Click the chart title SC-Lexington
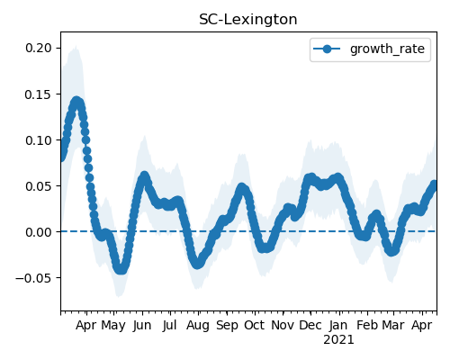[248, 20]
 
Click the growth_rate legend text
[387, 49]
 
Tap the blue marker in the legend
[327, 49]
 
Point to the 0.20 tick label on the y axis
[39, 48]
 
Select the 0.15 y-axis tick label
[39, 94]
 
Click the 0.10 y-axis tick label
[39, 140]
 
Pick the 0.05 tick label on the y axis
[39, 186]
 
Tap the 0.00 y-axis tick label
[39, 232]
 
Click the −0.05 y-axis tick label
[33, 278]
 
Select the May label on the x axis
[113, 325]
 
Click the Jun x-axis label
[142, 325]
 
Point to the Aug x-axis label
[198, 325]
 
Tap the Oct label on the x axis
[255, 325]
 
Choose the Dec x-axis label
[310, 325]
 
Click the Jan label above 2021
[338, 325]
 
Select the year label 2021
[338, 339]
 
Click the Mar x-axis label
[393, 325]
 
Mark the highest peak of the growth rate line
[76, 102]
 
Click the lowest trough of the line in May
[121, 269]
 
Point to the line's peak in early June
[145, 176]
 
